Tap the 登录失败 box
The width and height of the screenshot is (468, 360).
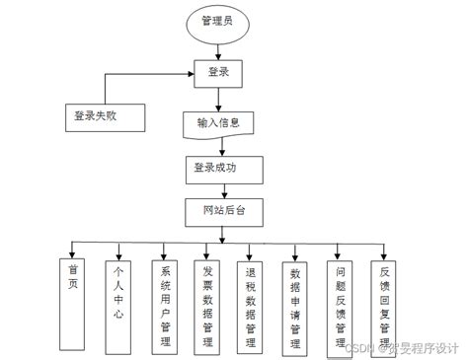(x=104, y=116)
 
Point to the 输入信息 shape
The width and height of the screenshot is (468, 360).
(x=218, y=124)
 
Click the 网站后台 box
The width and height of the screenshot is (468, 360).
(x=221, y=211)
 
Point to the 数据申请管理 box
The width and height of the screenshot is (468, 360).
(x=295, y=305)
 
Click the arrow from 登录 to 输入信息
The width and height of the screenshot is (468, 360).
(x=219, y=100)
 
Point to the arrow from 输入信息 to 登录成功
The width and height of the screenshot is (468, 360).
(x=219, y=146)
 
